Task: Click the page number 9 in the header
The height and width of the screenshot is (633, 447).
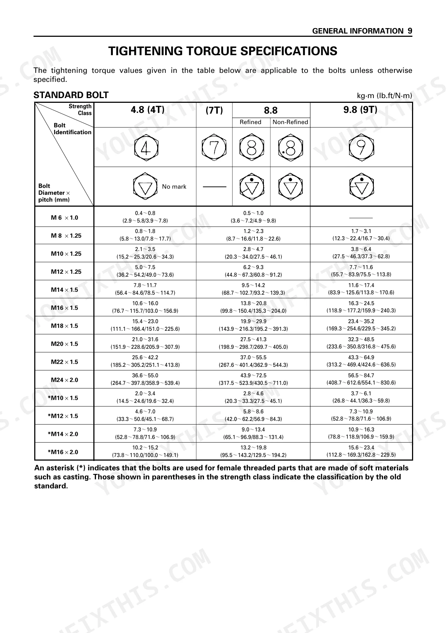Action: pos(410,31)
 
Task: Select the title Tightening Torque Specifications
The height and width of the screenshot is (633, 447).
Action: pos(223,51)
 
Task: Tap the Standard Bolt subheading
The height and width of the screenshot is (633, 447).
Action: pos(71,95)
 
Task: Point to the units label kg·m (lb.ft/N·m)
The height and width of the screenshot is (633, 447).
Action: pos(384,96)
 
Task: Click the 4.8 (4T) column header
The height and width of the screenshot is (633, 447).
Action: pos(147,110)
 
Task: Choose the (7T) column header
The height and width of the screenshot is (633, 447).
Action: pos(214,110)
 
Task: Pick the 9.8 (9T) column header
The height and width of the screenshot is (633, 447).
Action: pos(360,110)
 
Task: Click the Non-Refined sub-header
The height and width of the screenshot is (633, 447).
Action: pos(290,122)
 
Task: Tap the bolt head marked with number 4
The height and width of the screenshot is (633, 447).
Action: pos(146,147)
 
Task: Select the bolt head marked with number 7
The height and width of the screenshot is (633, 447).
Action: pos(214,147)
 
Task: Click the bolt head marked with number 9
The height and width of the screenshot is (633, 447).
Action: pos(361,147)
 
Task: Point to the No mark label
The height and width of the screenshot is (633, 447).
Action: pos(174,186)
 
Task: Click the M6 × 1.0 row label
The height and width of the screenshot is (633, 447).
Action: pos(65,217)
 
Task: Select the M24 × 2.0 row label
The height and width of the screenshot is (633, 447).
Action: pos(65,380)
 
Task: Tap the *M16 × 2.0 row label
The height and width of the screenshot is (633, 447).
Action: pos(63,452)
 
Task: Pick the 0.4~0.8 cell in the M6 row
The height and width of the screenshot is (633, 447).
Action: pos(145,213)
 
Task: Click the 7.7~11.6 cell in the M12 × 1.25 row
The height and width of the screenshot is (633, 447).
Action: pos(361,267)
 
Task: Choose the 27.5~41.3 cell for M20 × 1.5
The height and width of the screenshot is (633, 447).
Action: pos(253,339)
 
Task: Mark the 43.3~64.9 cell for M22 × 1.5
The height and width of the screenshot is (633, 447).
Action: pos(361,357)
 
